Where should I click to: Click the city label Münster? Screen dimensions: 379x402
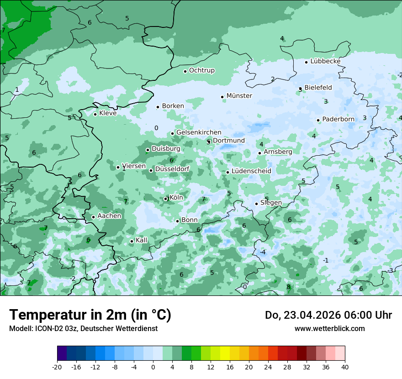point(239,96)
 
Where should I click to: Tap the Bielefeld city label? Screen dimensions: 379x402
point(318,88)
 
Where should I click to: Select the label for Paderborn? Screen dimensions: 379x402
point(338,119)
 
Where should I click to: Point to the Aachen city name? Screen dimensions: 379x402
point(109,216)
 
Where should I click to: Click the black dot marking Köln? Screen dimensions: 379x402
point(166,199)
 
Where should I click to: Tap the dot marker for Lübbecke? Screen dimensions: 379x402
point(307,62)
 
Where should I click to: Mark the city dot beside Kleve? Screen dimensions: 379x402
point(95,114)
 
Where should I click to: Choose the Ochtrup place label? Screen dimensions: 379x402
point(201,70)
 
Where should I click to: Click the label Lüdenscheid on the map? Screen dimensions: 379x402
point(251,171)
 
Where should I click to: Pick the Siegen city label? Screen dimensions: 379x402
point(271,203)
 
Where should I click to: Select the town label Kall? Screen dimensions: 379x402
point(141,240)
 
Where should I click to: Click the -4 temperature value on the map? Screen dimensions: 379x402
point(263,252)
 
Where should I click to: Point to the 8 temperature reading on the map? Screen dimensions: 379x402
point(288,287)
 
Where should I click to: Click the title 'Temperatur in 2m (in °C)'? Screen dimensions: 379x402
point(90,315)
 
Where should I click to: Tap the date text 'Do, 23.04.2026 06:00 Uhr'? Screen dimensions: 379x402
point(328,315)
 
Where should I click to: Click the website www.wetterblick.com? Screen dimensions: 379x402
point(329,328)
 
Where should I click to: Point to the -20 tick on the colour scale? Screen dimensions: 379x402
point(57,367)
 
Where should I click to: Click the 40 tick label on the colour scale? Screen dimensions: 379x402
point(344,367)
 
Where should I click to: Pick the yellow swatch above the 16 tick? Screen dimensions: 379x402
point(229,353)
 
